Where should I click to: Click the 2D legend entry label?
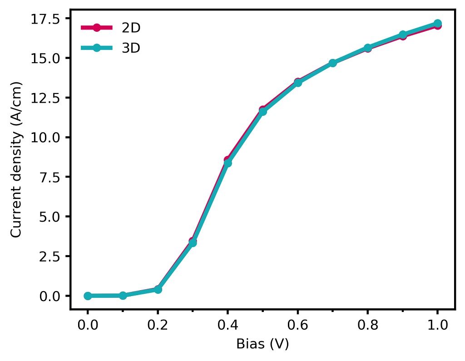click(131, 28)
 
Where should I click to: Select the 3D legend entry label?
click(131, 48)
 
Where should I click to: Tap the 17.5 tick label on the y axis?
click(47, 19)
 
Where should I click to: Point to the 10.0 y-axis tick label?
click(47, 137)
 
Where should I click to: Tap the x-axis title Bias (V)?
click(262, 344)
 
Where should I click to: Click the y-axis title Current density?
click(16, 160)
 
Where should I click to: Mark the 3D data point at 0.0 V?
click(88, 296)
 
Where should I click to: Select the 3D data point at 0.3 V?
click(193, 243)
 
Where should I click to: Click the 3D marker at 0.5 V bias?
click(262, 111)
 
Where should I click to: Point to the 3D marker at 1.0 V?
click(437, 23)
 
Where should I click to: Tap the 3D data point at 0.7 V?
click(332, 63)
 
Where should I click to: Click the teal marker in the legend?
click(97, 48)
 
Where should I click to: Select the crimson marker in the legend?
click(97, 28)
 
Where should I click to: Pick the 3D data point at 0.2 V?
click(158, 289)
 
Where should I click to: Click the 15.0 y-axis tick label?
click(47, 58)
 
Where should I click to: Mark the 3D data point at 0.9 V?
click(402, 35)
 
